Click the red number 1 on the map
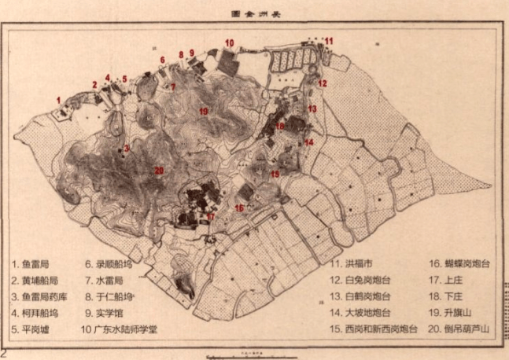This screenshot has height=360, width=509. pyautogui.click(x=58, y=99)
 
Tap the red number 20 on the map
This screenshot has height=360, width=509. pyautogui.click(x=159, y=171)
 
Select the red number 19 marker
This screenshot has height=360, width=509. pyautogui.click(x=203, y=112)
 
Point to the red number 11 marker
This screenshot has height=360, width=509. pyautogui.click(x=329, y=40)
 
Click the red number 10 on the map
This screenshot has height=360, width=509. pyautogui.click(x=229, y=43)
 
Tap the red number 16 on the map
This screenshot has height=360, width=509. pyautogui.click(x=239, y=208)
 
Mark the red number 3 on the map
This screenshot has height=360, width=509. pyautogui.click(x=126, y=148)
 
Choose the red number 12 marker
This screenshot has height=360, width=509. pyautogui.click(x=322, y=83)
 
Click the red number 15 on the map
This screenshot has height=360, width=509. pyautogui.click(x=275, y=174)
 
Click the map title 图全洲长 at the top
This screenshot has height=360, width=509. pyautogui.click(x=255, y=13)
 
